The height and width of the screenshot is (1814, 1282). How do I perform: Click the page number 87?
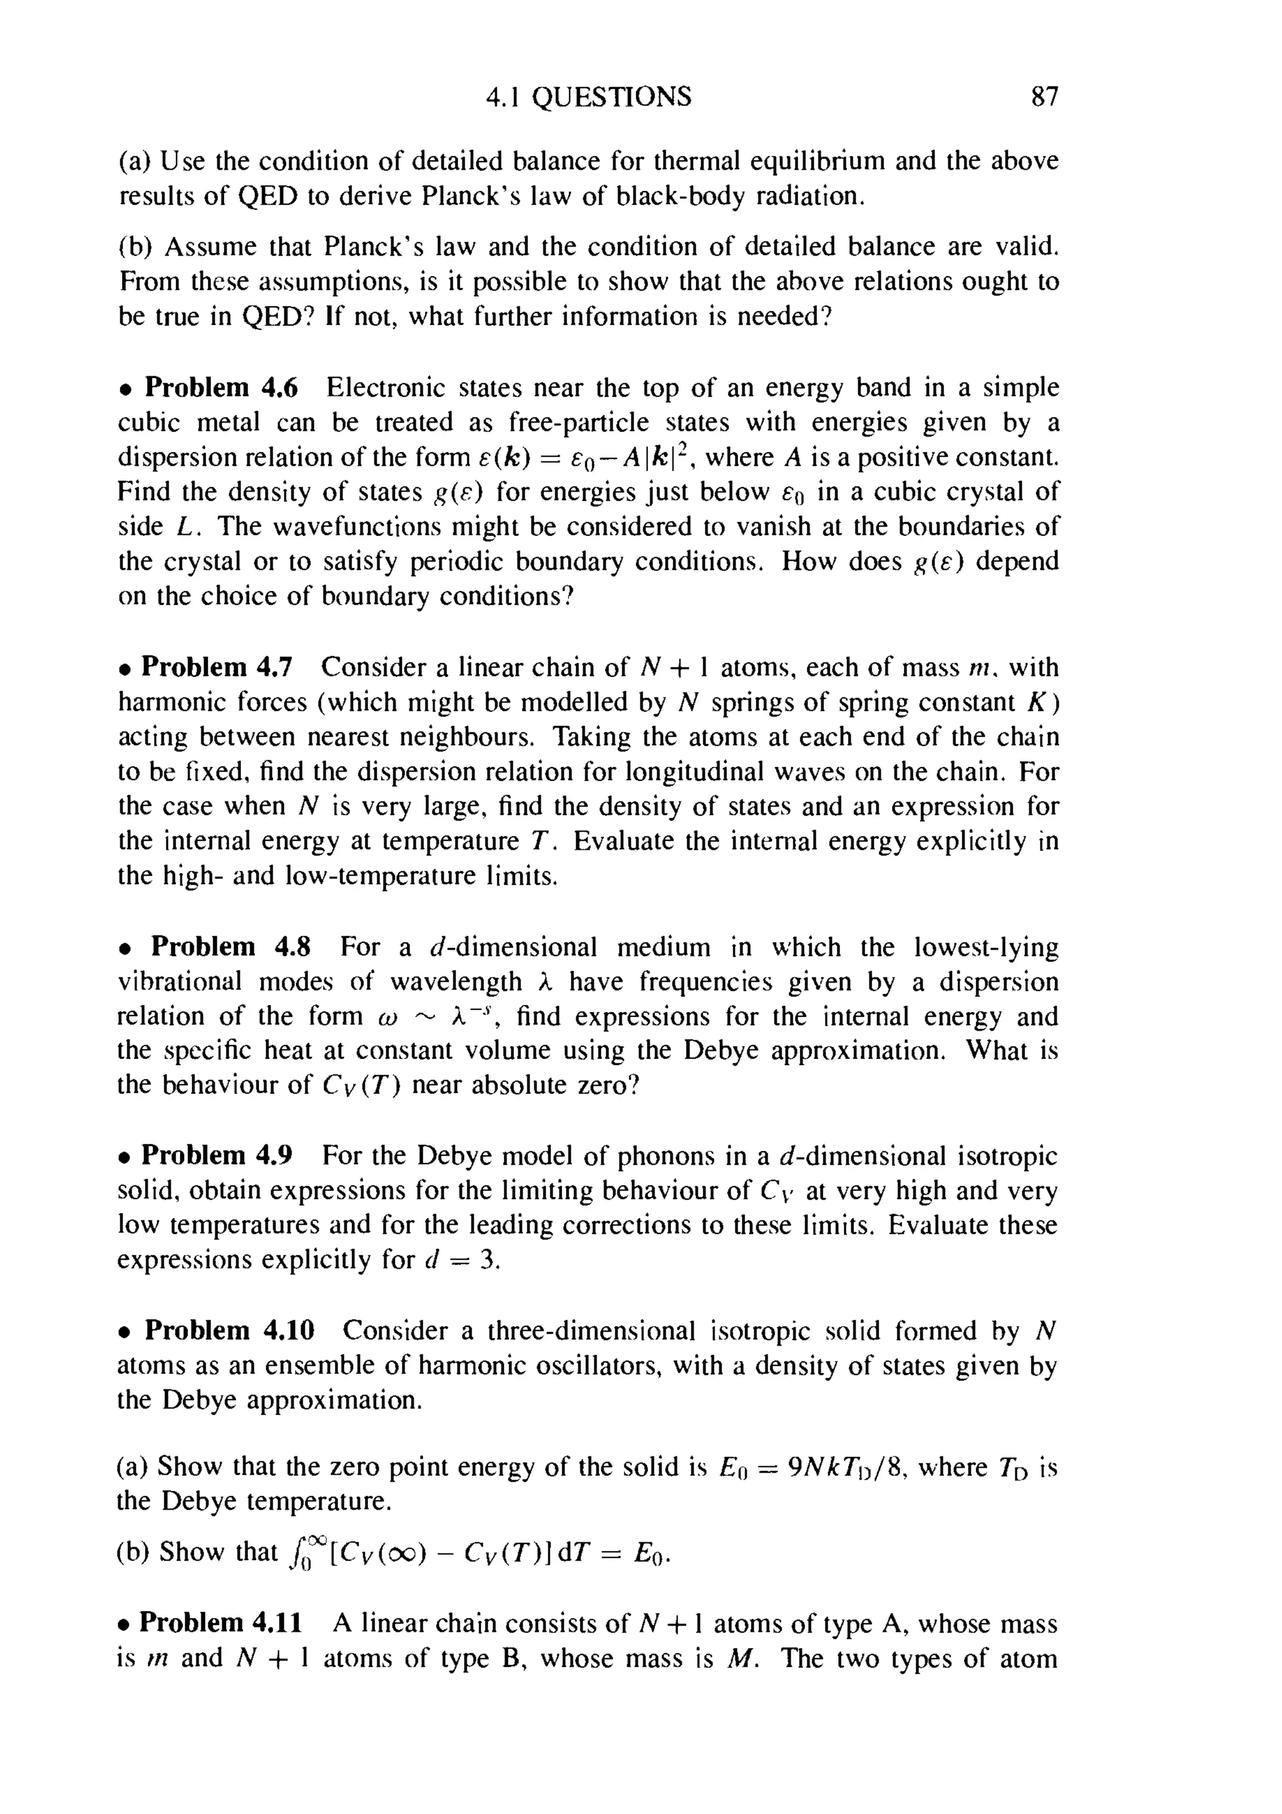[x=1044, y=97]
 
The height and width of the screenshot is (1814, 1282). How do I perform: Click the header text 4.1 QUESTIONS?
[x=588, y=97]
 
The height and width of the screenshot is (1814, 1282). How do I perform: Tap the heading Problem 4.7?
[x=217, y=667]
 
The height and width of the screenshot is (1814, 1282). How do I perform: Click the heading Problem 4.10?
[x=229, y=1331]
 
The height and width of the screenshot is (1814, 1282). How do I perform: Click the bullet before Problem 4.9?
[x=124, y=1157]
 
